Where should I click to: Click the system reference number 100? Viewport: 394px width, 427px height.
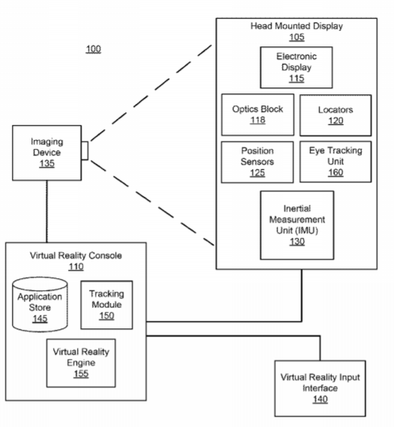pos(93,49)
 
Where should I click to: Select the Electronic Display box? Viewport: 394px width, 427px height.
pos(296,67)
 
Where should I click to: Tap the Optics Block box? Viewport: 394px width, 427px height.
pos(258,114)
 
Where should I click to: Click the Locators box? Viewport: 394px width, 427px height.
pos(336,115)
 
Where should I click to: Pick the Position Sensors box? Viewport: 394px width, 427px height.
pos(257,162)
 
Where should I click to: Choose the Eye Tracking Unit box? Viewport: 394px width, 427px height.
pos(336,162)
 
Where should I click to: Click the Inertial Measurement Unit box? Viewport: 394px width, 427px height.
pos(297,225)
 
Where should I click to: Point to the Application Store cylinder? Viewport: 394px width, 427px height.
pos(40,304)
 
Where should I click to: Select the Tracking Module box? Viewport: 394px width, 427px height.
pos(107,305)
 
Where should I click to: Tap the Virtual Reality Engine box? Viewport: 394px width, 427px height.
pos(81,363)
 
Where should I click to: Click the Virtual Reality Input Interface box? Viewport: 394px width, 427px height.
pos(320,388)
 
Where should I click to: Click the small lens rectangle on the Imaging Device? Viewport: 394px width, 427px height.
pos(84,150)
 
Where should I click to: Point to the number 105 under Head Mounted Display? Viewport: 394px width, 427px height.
pos(297,37)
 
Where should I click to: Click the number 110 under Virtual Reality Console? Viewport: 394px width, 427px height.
pos(76,267)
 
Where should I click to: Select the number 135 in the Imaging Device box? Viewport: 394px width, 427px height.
pos(47,163)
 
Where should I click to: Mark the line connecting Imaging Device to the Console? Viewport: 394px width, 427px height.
pos(47,212)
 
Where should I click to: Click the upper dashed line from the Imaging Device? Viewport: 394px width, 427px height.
pos(151,93)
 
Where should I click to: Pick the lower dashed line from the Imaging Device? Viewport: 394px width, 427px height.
pos(153,203)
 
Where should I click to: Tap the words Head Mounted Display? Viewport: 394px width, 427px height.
pos(297,26)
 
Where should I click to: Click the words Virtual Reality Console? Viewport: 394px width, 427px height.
pos(76,256)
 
